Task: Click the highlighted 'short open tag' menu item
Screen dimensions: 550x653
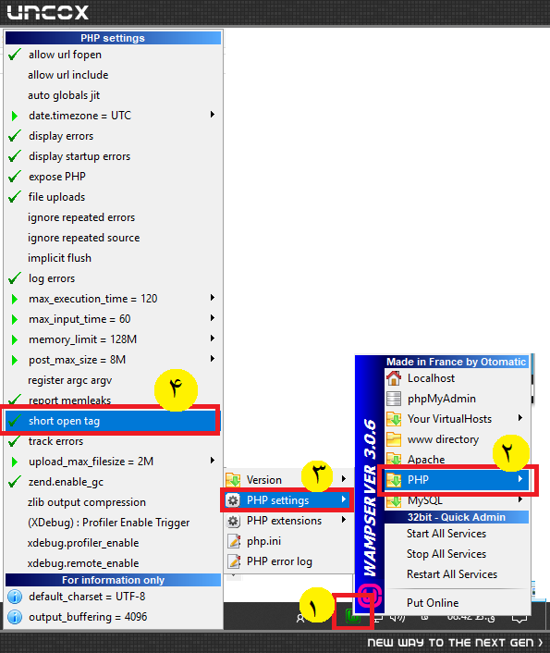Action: click(64, 421)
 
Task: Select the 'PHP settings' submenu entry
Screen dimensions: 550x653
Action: click(277, 500)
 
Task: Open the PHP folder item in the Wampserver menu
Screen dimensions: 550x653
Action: click(418, 480)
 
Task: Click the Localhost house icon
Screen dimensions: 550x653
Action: click(394, 378)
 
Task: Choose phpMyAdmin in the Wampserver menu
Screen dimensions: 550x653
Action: click(441, 399)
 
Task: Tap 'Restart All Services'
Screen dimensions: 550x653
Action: click(452, 574)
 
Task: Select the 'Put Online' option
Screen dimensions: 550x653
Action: click(433, 603)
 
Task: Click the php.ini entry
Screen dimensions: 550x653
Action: click(263, 541)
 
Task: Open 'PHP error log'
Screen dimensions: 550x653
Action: click(279, 561)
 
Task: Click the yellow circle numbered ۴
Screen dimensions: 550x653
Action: click(176, 389)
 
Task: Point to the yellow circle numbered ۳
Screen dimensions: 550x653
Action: click(318, 474)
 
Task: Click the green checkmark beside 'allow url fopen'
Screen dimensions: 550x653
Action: click(15, 55)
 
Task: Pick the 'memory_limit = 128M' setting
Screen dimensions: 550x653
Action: click(82, 339)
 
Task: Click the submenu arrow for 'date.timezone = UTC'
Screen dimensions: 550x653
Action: click(213, 115)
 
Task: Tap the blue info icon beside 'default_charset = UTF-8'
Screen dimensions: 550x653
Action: click(15, 597)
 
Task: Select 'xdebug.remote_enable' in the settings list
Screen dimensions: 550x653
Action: click(83, 563)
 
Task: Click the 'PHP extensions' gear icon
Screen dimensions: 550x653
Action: click(233, 521)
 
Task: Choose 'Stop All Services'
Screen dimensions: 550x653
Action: click(446, 554)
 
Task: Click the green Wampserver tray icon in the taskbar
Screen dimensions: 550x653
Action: click(353, 616)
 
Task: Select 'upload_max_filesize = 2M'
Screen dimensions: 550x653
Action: click(91, 462)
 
